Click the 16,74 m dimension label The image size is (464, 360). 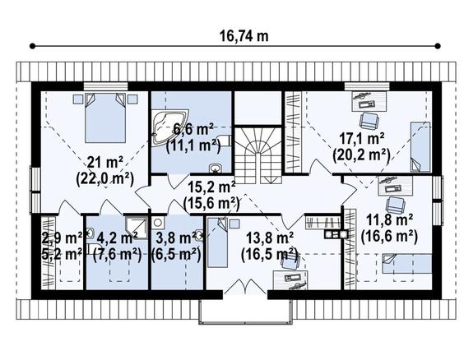point(244,36)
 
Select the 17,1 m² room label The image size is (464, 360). point(362,138)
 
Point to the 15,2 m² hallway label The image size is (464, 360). point(212,187)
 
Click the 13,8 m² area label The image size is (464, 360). point(270,238)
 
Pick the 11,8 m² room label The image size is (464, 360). point(390,220)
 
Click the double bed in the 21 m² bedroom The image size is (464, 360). point(105,118)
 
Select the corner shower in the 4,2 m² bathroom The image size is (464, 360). point(136,228)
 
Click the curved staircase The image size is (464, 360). point(258,155)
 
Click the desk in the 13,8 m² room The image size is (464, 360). point(290,279)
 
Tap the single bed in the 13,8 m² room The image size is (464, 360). point(217,242)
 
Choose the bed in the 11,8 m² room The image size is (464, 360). point(406,264)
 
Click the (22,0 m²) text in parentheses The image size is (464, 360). point(105,179)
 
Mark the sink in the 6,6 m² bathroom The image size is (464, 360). point(215,168)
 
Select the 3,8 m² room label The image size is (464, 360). point(176,238)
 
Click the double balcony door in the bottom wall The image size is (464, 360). point(245,287)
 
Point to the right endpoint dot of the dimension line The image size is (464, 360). point(438,46)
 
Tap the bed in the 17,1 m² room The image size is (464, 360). point(420,146)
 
